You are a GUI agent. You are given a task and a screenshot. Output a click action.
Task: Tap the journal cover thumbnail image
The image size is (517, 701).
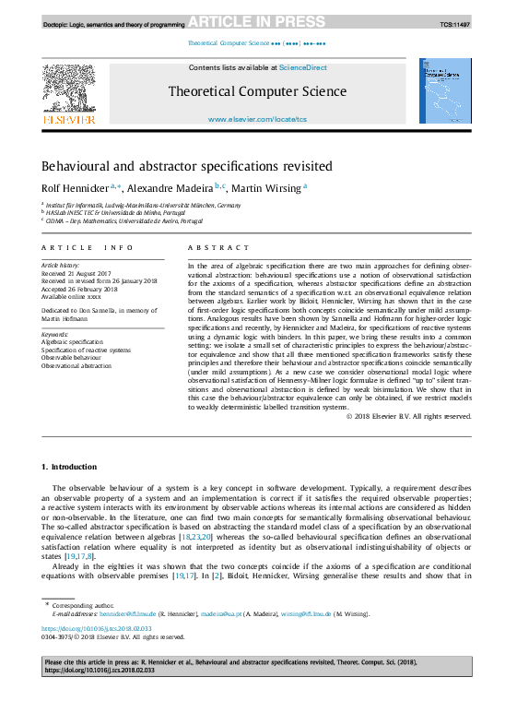tap(445, 91)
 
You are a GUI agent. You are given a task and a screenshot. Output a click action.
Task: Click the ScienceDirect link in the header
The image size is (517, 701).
tap(303, 67)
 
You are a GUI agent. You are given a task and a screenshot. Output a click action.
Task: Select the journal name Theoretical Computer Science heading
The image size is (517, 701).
tap(257, 91)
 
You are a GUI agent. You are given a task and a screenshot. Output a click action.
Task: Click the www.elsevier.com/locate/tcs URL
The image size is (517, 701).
tap(257, 119)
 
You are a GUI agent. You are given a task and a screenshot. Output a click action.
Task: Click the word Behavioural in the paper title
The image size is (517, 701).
tap(74, 166)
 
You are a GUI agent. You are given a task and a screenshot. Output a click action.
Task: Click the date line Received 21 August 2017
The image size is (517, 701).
tap(75, 273)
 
